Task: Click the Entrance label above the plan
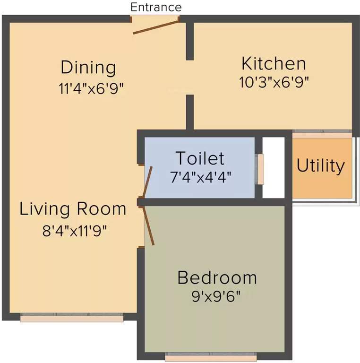[156, 7]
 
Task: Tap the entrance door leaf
[155, 26]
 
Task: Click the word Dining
[88, 68]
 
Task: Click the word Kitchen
[274, 63]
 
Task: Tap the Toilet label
[200, 158]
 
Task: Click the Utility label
[321, 166]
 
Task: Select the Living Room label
[73, 209]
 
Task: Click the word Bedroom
[217, 277]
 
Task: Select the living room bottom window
[72, 319]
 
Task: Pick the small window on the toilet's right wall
[260, 169]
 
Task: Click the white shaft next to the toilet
[274, 167]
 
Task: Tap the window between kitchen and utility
[322, 134]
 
